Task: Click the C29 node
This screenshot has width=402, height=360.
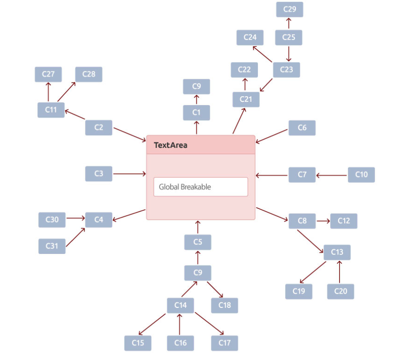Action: [289, 9]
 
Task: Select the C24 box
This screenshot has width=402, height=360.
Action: [250, 38]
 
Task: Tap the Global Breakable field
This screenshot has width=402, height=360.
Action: [201, 187]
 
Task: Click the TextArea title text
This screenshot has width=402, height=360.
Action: [170, 145]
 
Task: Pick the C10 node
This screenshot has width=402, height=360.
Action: [361, 175]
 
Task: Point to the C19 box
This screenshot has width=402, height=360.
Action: [299, 291]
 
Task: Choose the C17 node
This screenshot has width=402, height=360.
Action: [225, 343]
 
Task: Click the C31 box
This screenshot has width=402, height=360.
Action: [52, 246]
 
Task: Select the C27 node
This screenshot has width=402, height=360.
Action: [48, 75]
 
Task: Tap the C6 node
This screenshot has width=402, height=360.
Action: [302, 128]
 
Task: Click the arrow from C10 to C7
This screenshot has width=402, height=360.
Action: [332, 176]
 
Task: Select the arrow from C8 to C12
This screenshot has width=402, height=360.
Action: [323, 221]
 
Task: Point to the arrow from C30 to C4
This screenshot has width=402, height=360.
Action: [76, 218]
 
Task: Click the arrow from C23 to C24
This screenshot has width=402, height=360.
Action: [262, 54]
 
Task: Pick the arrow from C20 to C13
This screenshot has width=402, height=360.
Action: [340, 272]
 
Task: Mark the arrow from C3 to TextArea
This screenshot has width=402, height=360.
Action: [129, 174]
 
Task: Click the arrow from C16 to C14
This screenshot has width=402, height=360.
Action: [180, 324]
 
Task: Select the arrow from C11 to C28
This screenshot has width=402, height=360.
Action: [67, 92]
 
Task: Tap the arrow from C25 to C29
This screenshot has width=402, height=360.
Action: [288, 23]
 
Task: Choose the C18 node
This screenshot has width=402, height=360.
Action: [225, 306]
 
